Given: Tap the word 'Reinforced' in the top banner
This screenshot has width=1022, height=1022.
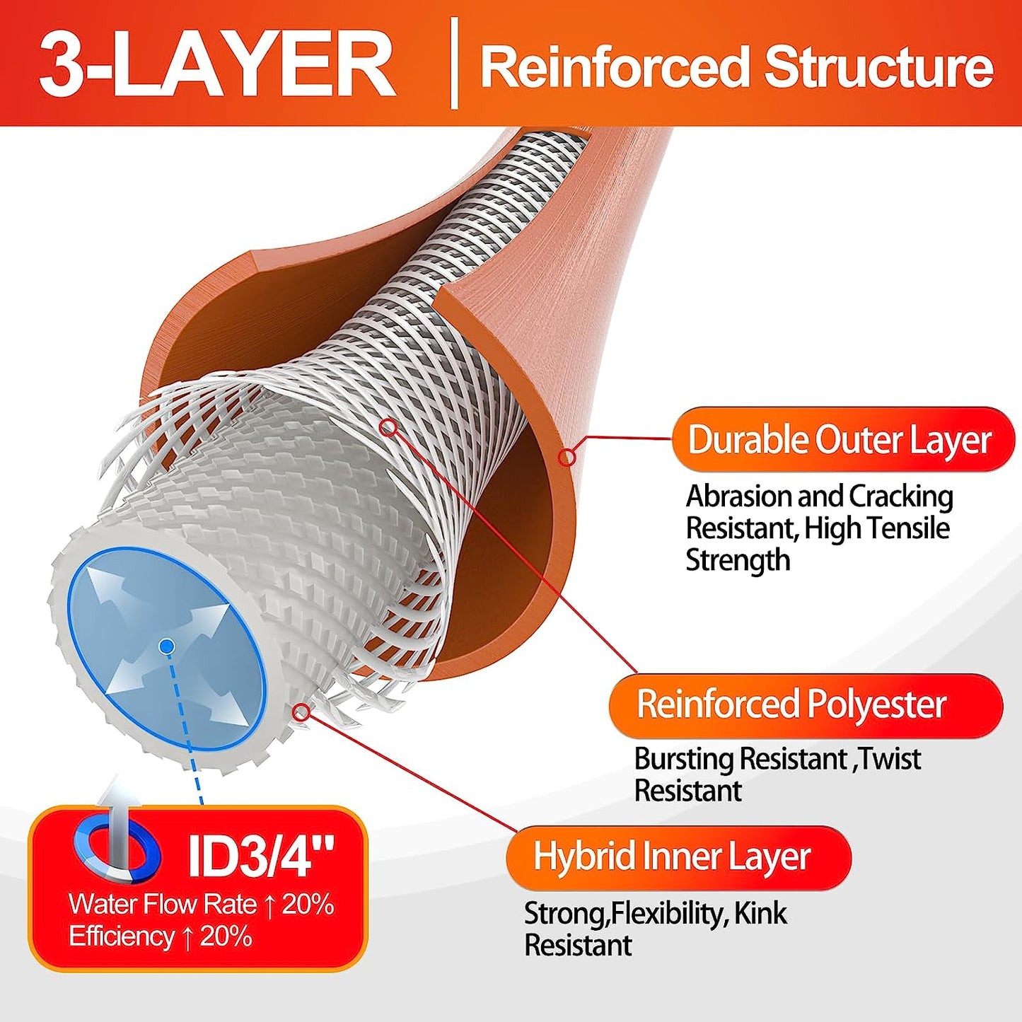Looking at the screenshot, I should tap(614, 67).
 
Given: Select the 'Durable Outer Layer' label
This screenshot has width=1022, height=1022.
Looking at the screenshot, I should tap(840, 439).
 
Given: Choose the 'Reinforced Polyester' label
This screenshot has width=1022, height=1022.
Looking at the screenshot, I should tap(791, 704).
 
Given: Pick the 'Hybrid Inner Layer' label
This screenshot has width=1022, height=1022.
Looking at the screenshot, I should tap(671, 856).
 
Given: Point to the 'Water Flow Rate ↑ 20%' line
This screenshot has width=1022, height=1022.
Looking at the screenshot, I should tap(202, 905).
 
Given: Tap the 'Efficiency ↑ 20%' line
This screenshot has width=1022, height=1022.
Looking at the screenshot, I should tap(161, 936).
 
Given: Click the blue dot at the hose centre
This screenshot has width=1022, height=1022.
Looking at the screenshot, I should tap(167, 646).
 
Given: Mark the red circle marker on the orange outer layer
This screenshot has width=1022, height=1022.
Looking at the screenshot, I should tap(567, 458).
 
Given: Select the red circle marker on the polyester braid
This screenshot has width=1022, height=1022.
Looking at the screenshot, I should tap(388, 427).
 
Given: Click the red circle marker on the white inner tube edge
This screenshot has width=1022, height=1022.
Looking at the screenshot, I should tap(301, 712).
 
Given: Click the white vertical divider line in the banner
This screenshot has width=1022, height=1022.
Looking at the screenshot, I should tap(453, 64).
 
